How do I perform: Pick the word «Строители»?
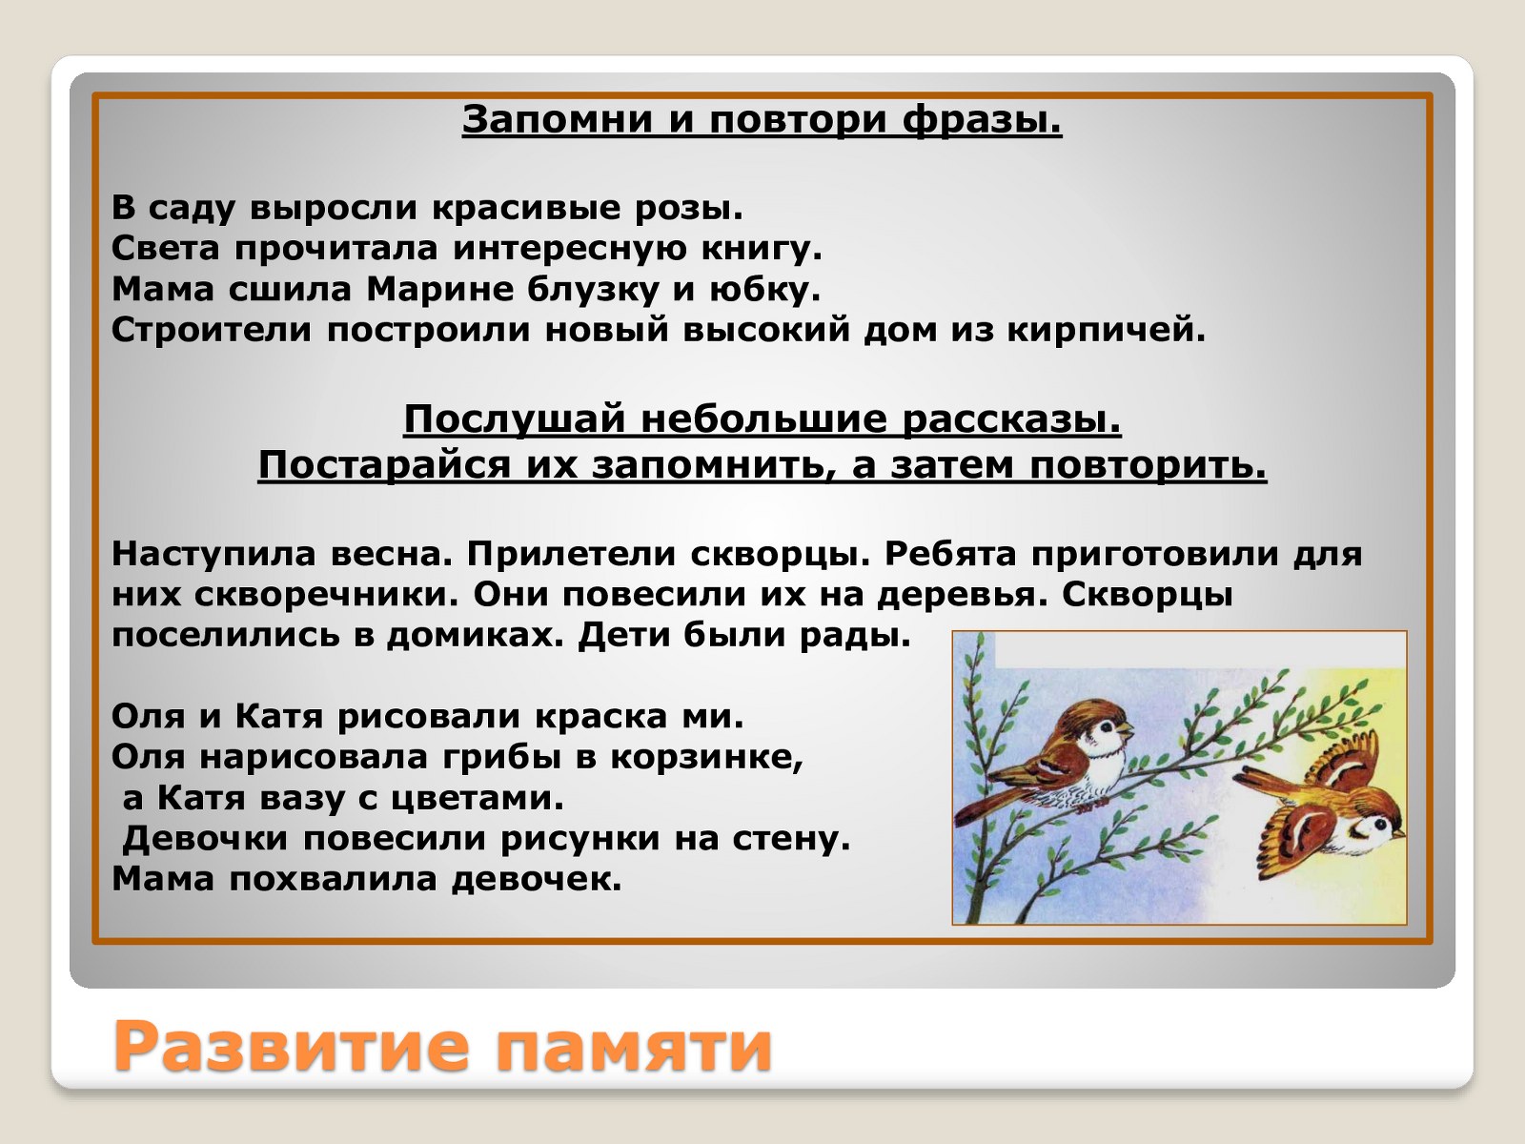tap(212, 330)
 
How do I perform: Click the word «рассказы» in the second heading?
tap(1011, 421)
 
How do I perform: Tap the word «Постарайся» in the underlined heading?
tap(384, 464)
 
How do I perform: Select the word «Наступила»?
tap(213, 554)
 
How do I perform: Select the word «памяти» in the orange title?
tap(633, 1047)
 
